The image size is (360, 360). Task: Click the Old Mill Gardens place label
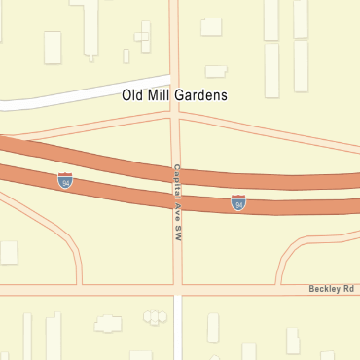(x=175, y=95)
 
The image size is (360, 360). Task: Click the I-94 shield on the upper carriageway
(x=65, y=181)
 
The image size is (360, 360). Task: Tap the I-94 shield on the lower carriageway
(x=238, y=202)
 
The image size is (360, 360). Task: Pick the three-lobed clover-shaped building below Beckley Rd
(x=155, y=316)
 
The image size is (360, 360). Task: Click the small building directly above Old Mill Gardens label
(x=216, y=71)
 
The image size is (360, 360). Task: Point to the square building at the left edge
(x=8, y=252)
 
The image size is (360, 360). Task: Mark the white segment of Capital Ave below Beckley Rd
(x=179, y=331)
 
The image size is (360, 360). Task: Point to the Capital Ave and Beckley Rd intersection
(x=178, y=289)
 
